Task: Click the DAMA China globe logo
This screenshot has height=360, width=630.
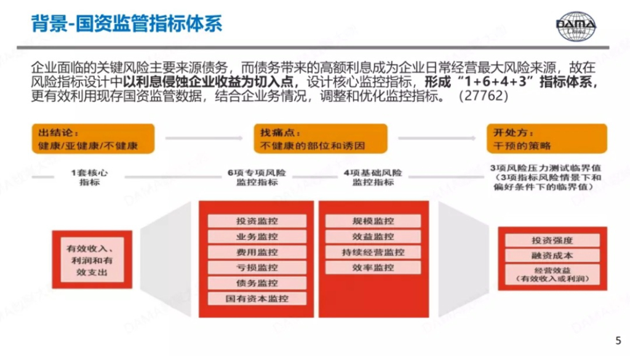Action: point(576,26)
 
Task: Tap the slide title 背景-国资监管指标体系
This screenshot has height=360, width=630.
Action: point(127,24)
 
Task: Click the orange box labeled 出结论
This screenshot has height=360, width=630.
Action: point(94,139)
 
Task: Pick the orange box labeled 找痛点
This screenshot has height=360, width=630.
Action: point(320,139)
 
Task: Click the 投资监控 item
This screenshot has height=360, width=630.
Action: point(257,221)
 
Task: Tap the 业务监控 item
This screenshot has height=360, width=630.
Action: point(257,236)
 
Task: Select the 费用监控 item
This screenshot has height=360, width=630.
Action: point(257,252)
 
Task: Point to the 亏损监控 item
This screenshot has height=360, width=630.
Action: point(257,268)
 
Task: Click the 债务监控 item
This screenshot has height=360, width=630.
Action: point(257,283)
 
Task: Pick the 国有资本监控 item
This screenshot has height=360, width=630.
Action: point(257,298)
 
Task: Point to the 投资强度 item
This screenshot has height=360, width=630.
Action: point(552,240)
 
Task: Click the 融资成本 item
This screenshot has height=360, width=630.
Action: point(552,255)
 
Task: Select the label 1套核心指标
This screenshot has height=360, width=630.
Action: point(89,177)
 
